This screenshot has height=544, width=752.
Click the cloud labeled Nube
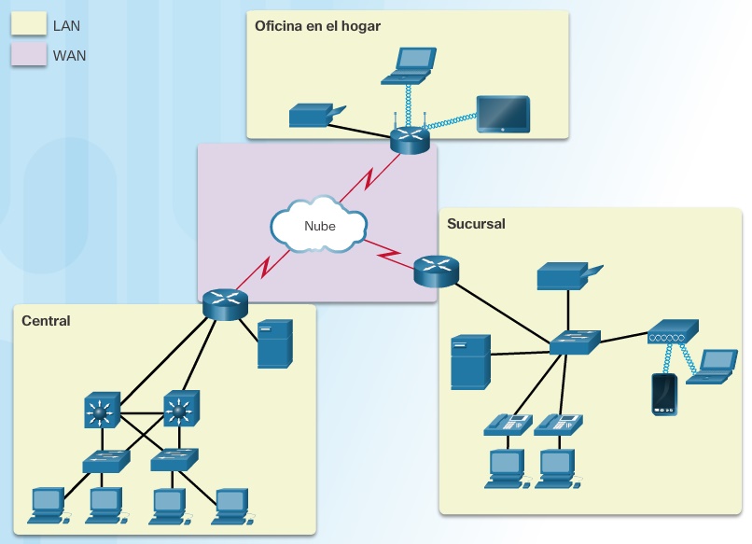tap(318, 225)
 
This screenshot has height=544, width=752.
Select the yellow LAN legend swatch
tap(28, 27)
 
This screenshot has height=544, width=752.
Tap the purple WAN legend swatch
tap(28, 55)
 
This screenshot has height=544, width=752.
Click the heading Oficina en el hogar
tap(317, 25)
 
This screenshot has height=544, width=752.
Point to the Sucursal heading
tap(476, 224)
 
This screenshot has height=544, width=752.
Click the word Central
tap(47, 321)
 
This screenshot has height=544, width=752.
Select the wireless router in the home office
tap(409, 139)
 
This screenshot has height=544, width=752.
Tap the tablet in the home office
tap(502, 114)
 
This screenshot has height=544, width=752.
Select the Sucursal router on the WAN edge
tap(436, 270)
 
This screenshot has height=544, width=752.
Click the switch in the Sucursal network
tap(574, 342)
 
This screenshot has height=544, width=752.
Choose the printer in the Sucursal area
tap(567, 275)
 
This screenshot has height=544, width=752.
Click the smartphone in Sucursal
tap(664, 393)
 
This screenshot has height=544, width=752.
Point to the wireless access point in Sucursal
tap(672, 330)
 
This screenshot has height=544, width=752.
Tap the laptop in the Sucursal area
tap(715, 367)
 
